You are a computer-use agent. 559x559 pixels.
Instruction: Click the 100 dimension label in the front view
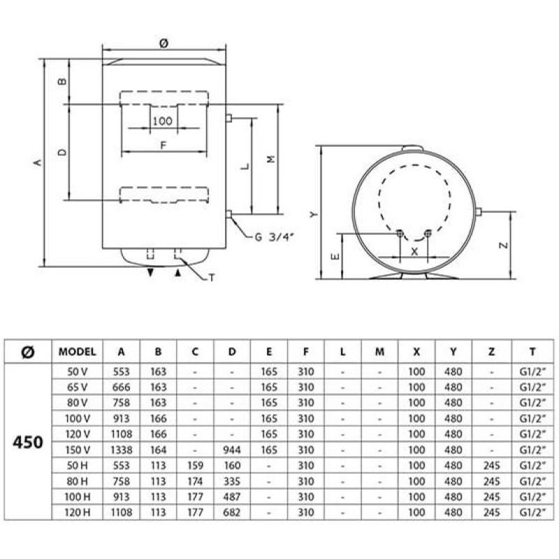tap(163, 121)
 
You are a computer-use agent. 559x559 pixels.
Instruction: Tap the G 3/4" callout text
tap(274, 237)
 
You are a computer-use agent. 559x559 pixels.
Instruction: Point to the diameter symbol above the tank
tap(164, 43)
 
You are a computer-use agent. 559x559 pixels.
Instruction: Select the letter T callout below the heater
tap(212, 277)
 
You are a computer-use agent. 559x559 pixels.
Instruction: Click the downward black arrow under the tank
tap(150, 273)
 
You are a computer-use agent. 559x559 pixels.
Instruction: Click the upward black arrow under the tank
tap(178, 273)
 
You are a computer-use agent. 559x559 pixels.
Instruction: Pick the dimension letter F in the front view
tap(164, 145)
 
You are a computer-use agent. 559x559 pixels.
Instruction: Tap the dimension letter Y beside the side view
tap(313, 215)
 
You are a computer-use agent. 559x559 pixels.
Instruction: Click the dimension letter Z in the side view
tap(503, 245)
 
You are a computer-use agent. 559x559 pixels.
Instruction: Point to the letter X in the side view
tap(414, 252)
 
